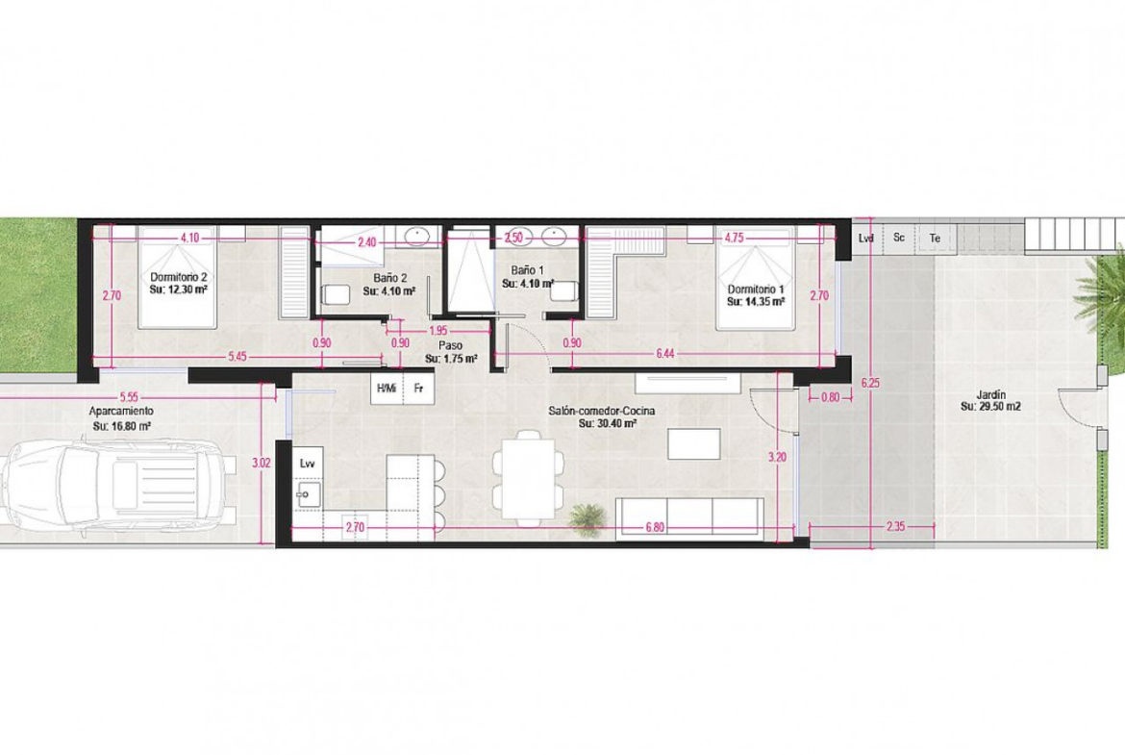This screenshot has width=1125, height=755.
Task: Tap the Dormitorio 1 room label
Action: click(x=756, y=289)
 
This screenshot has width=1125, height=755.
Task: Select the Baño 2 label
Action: click(x=390, y=278)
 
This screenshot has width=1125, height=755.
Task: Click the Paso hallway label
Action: click(x=451, y=345)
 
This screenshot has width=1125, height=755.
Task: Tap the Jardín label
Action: click(x=990, y=394)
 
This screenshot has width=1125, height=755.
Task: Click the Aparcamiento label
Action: click(x=121, y=412)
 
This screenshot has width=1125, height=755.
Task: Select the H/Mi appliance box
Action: click(x=387, y=389)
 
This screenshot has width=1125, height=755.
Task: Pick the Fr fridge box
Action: click(x=418, y=389)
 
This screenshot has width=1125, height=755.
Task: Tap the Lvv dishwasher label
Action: click(x=308, y=464)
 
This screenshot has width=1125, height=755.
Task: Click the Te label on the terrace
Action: click(x=935, y=238)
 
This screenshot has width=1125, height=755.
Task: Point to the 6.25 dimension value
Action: click(x=870, y=383)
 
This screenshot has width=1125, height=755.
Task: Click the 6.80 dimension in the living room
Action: click(x=655, y=527)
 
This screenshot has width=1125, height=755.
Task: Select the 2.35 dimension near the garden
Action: click(x=895, y=526)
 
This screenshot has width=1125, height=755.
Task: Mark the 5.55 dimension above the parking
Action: click(x=130, y=396)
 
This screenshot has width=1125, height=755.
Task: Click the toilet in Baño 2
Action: click(x=332, y=294)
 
